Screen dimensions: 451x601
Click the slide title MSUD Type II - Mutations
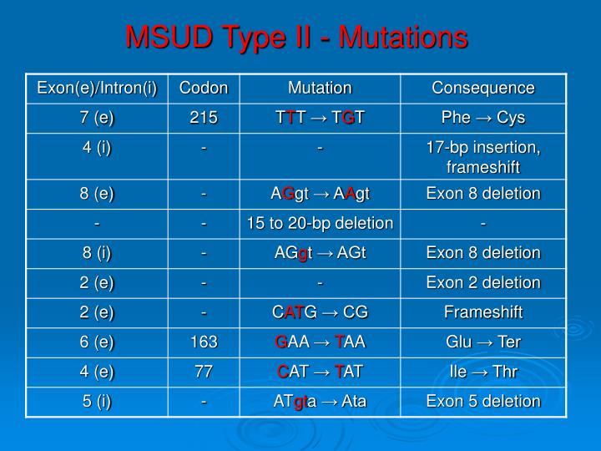(x=296, y=38)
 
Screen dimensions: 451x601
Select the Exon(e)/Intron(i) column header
(x=97, y=88)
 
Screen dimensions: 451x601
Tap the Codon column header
(x=204, y=88)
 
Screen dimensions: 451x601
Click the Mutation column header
(x=320, y=88)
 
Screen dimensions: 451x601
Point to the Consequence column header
(x=483, y=88)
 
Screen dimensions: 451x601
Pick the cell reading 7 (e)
(x=97, y=118)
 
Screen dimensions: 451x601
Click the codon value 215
(x=204, y=118)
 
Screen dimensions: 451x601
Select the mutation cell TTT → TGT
(x=320, y=118)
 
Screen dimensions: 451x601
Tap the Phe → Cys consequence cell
(x=483, y=118)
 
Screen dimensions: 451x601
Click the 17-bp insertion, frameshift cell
(x=483, y=156)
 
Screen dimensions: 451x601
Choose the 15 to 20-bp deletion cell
(x=320, y=223)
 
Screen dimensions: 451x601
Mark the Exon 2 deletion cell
(x=483, y=282)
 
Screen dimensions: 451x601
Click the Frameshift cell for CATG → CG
(x=483, y=312)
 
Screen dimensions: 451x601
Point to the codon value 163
(x=204, y=342)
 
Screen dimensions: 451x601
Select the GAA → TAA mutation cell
(x=320, y=342)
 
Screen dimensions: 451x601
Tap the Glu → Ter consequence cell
(x=483, y=342)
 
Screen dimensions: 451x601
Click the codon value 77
(x=204, y=372)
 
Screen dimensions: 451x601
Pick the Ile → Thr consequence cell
(x=483, y=372)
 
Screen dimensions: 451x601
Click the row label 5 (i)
(x=97, y=402)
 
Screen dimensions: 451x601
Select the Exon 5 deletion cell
(x=483, y=402)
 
